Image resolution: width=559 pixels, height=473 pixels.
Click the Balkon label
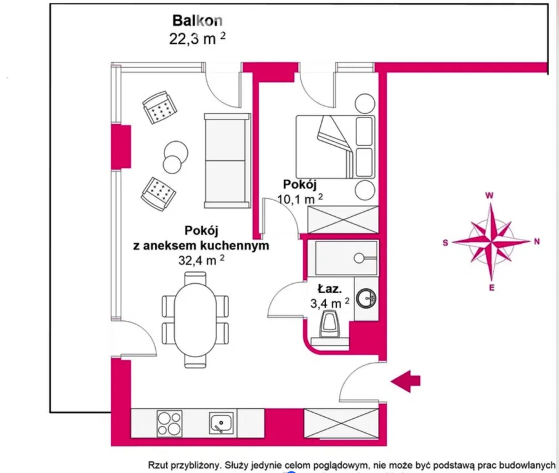click(x=198, y=20)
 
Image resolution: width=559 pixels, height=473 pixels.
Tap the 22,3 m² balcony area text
click(x=197, y=39)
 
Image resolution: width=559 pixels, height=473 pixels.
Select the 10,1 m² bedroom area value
click(x=300, y=198)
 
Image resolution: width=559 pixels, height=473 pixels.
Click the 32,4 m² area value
click(x=201, y=260)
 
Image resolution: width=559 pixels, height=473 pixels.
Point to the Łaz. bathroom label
click(x=329, y=288)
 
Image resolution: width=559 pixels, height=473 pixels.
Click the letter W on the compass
click(x=489, y=195)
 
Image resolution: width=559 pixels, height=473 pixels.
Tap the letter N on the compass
click(x=537, y=241)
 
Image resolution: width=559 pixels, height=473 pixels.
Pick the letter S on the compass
click(x=445, y=243)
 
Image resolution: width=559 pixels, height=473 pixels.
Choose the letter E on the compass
click(x=492, y=288)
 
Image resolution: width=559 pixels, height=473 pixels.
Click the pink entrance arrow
click(x=406, y=381)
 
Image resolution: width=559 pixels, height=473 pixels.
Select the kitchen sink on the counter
click(x=221, y=423)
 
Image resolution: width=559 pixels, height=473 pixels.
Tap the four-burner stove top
click(x=169, y=423)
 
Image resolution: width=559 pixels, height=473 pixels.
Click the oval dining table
click(x=195, y=320)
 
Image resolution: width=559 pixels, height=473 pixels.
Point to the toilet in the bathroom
click(x=329, y=324)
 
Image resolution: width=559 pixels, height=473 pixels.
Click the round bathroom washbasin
click(x=366, y=298)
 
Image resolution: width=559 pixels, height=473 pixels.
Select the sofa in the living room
click(x=227, y=161)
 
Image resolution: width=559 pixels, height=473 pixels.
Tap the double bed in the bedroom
click(x=335, y=147)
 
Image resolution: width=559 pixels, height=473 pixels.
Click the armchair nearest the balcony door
click(x=159, y=107)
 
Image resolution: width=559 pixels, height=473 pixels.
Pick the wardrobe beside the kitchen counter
click(x=341, y=423)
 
